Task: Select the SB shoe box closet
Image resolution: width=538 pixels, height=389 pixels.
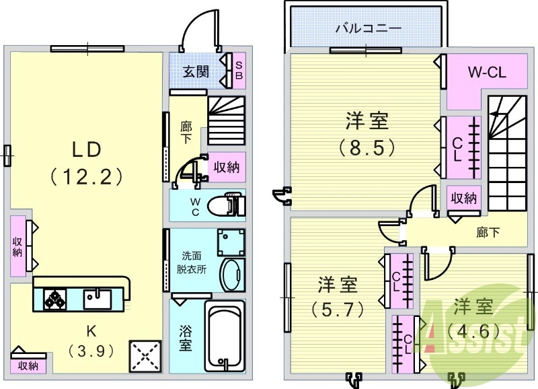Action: click(x=238, y=71)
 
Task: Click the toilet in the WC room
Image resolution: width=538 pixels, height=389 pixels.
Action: click(x=229, y=205)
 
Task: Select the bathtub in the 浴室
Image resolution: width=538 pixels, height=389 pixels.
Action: click(x=225, y=337)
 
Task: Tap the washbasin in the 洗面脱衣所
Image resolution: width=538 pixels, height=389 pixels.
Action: click(x=233, y=276)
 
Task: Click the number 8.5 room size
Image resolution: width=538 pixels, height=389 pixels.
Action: click(x=367, y=147)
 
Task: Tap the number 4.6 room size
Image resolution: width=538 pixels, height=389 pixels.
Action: click(x=471, y=331)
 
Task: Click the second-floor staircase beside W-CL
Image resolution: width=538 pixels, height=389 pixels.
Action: click(x=506, y=145)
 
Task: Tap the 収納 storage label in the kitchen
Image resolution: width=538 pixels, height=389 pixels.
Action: click(x=28, y=366)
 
